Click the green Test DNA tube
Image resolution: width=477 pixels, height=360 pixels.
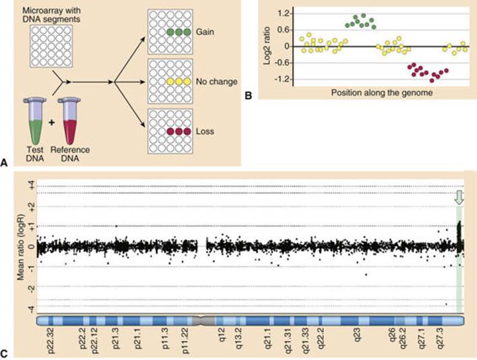pyautogui.click(x=36, y=121)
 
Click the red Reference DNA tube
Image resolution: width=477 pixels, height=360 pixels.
pyautogui.click(x=69, y=121)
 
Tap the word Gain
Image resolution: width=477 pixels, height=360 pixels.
pyautogui.click(x=205, y=32)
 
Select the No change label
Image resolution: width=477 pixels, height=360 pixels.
pyautogui.click(x=217, y=82)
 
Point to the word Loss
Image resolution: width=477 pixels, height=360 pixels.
pyautogui.click(x=205, y=131)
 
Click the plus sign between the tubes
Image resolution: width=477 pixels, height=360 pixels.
pyautogui.click(x=52, y=123)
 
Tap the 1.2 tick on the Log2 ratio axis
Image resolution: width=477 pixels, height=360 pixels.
pyautogui.click(x=285, y=13)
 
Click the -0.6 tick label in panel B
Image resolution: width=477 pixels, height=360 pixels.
pyautogui.click(x=283, y=63)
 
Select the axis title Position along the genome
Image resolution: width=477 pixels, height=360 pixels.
pyautogui.click(x=382, y=92)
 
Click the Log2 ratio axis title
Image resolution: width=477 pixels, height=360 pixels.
pyautogui.click(x=266, y=46)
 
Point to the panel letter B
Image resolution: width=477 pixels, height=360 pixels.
pyautogui.click(x=248, y=96)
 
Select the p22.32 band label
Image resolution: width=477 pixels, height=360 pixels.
pyautogui.click(x=51, y=340)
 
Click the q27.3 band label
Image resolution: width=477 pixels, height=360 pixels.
pyautogui.click(x=440, y=338)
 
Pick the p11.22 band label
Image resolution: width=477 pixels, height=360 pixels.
pyautogui.click(x=186, y=340)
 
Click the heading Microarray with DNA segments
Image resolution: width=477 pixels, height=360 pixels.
pyautogui.click(x=51, y=15)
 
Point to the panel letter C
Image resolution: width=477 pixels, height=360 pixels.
pyautogui.click(x=4, y=354)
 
